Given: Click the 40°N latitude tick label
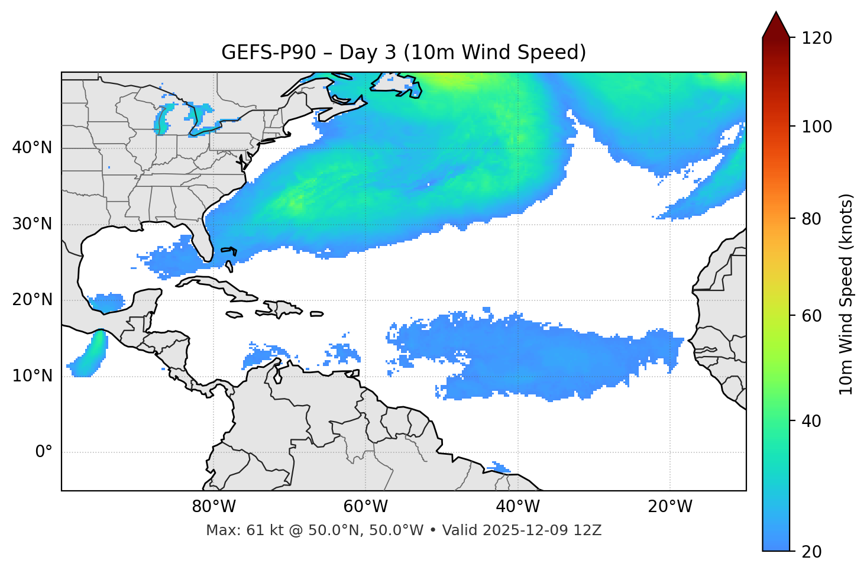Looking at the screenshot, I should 32,148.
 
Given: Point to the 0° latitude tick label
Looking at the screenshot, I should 44,452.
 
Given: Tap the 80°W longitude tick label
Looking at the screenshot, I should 213,507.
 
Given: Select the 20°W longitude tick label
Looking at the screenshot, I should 670,507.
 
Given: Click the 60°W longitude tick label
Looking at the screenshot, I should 365,507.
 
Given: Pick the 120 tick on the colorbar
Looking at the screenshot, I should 816,38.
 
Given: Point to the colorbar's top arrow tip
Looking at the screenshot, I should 776,12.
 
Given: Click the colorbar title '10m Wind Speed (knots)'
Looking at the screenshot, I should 846,294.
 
